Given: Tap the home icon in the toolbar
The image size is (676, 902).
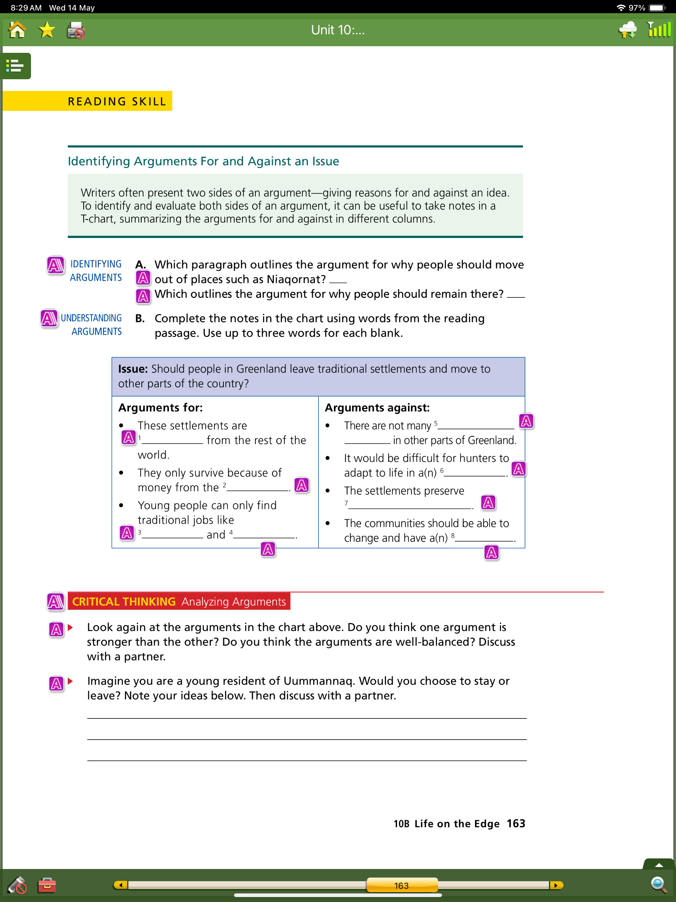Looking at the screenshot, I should pyautogui.click(x=17, y=30).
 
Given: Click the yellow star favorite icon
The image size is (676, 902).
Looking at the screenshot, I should pyautogui.click(x=47, y=30).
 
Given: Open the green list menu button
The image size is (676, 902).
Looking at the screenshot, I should pyautogui.click(x=16, y=66).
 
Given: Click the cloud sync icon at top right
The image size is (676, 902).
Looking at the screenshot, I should pyautogui.click(x=627, y=30).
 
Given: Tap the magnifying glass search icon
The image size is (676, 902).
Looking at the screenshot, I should pyautogui.click(x=659, y=885).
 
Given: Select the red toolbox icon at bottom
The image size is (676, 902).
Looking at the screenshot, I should pyautogui.click(x=47, y=885).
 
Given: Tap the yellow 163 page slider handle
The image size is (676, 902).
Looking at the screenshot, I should pyautogui.click(x=402, y=885).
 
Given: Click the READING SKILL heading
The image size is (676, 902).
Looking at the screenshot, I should pyautogui.click(x=117, y=101).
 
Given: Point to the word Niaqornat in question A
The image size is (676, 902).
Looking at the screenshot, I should pyautogui.click(x=296, y=279).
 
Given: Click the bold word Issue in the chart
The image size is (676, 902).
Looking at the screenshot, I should pyautogui.click(x=132, y=369).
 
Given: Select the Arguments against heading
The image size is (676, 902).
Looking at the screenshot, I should pyautogui.click(x=377, y=408).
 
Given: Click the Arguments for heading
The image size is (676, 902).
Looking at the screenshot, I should pyautogui.click(x=160, y=408).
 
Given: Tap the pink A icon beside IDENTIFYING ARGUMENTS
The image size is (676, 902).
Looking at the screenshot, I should pyautogui.click(x=55, y=265).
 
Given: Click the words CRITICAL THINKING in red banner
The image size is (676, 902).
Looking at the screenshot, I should pyautogui.click(x=123, y=602).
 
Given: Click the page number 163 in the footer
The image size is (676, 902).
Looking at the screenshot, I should pyautogui.click(x=516, y=824).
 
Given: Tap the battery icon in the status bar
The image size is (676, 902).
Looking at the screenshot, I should pyautogui.click(x=657, y=8).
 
